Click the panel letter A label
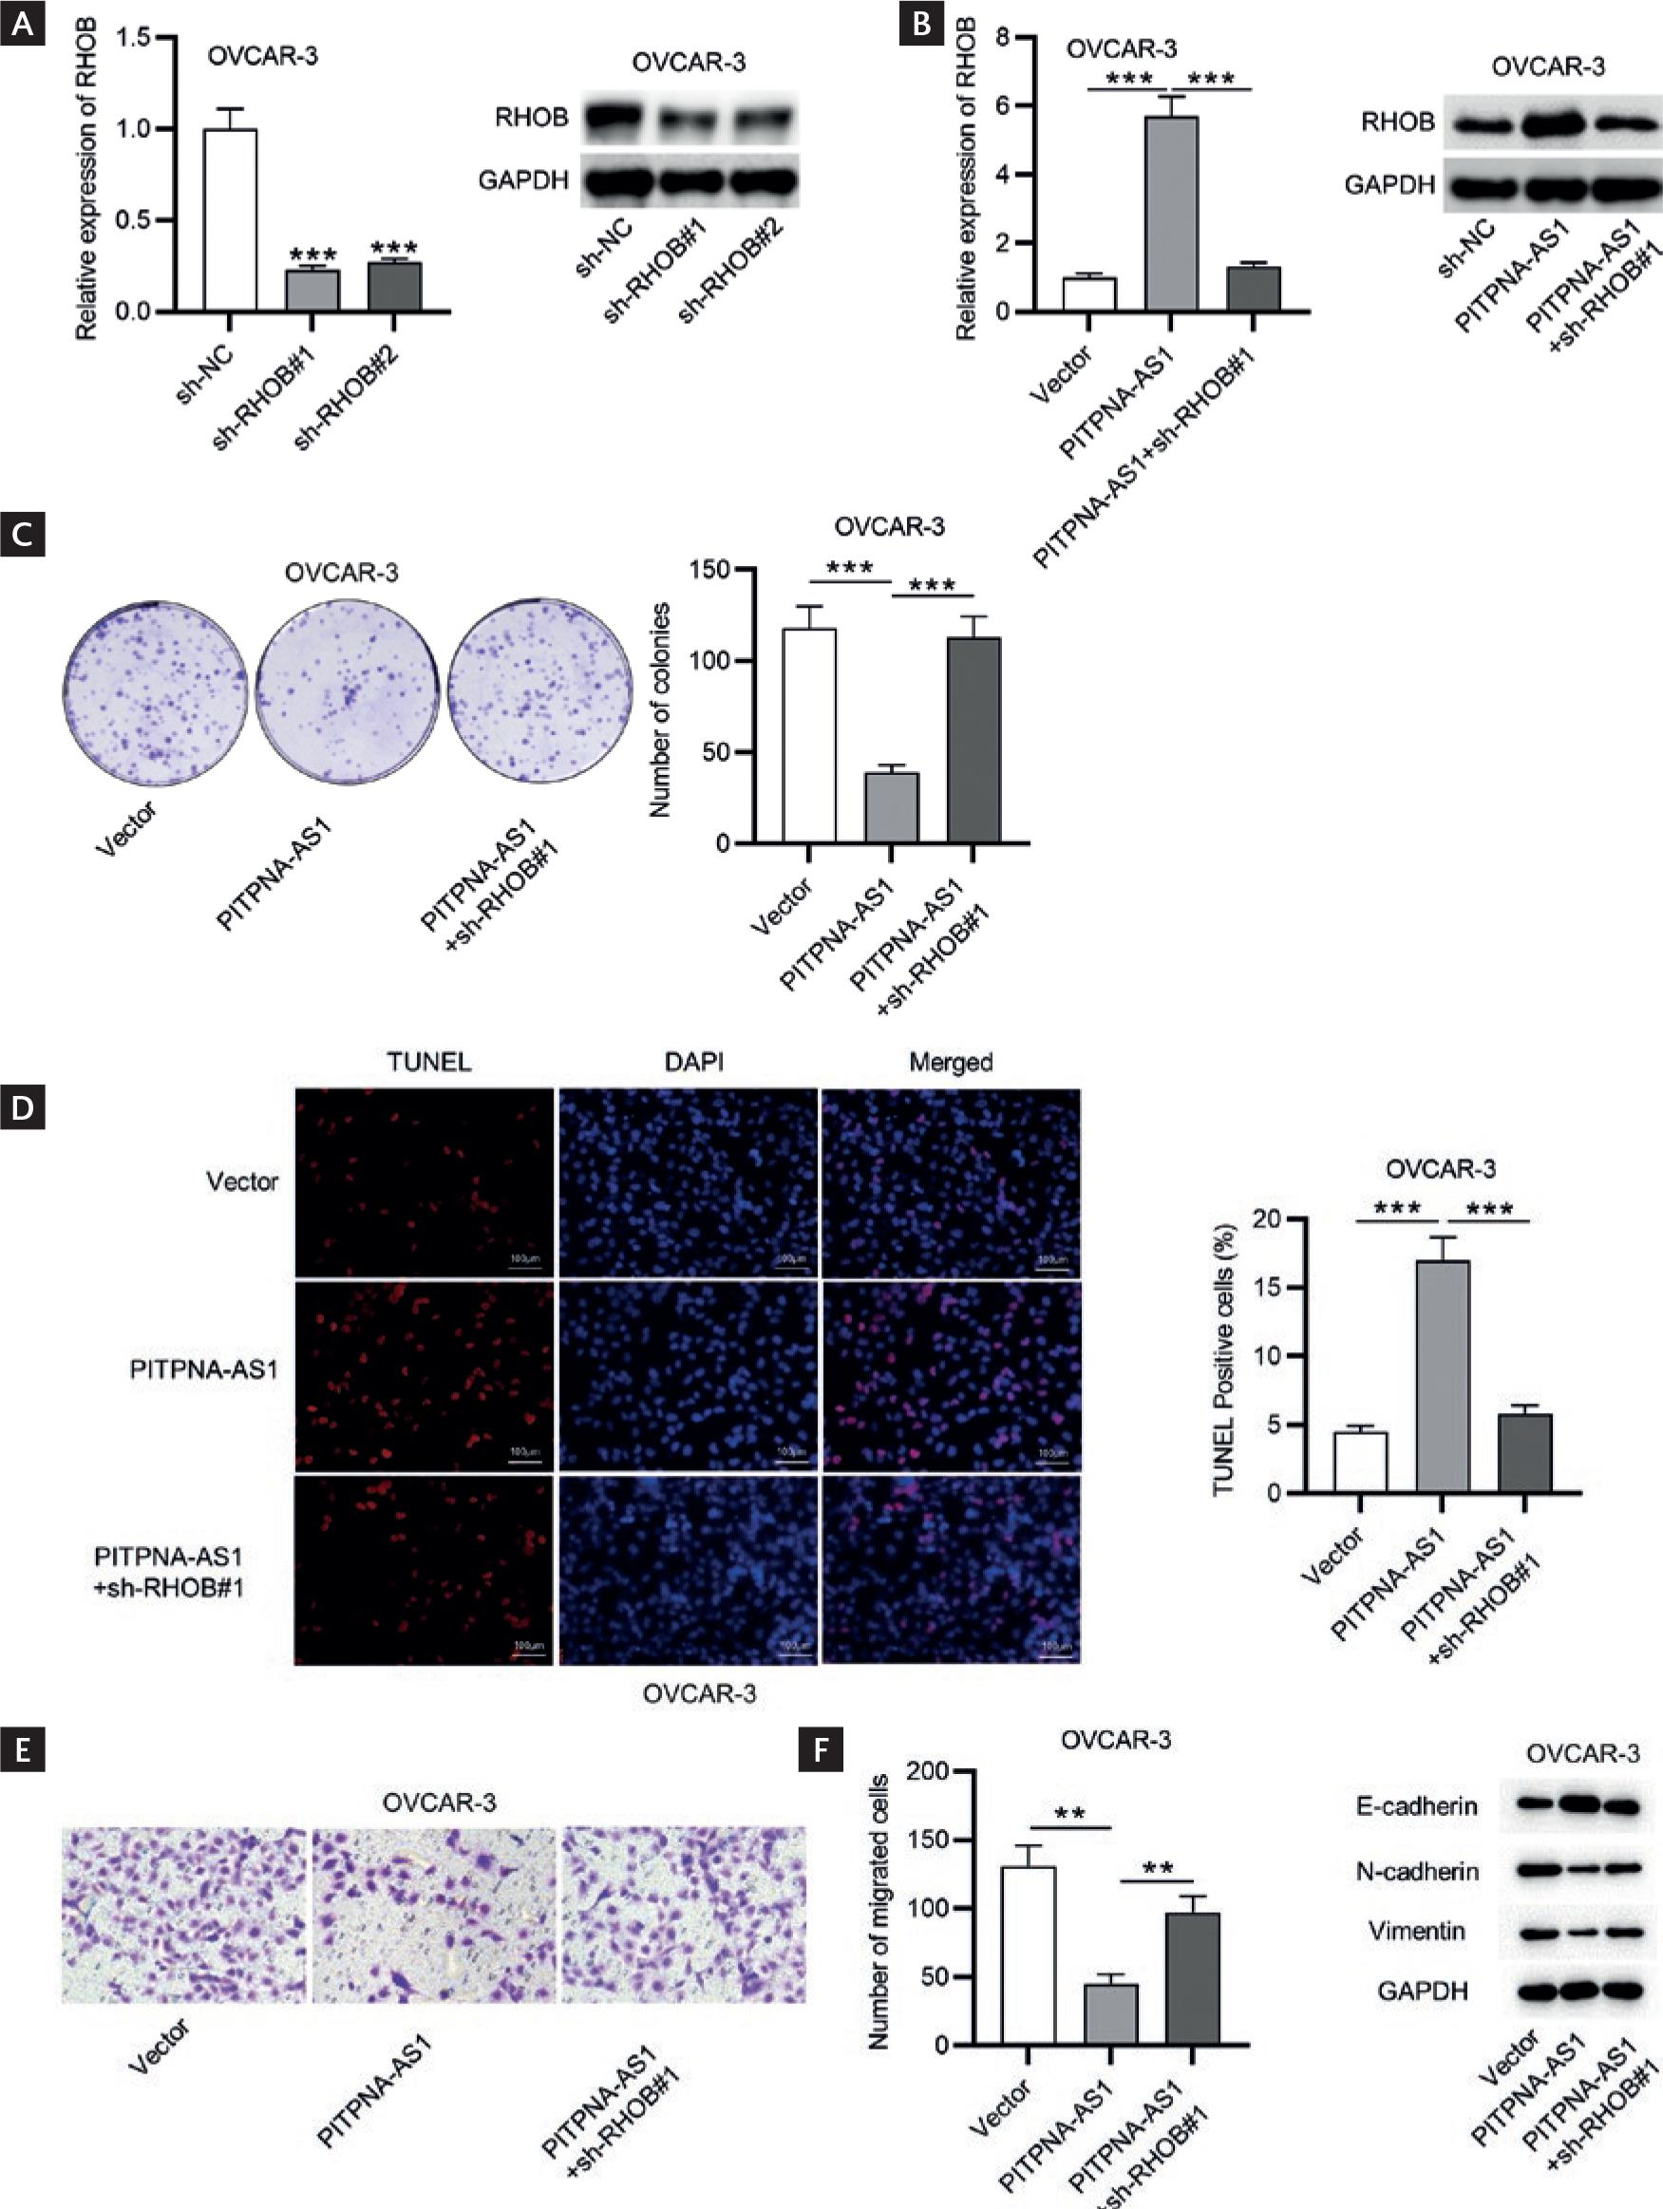(x=22, y=24)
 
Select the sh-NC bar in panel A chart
(x=230, y=219)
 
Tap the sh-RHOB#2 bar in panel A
(x=394, y=287)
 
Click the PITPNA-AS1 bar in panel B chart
(x=1172, y=214)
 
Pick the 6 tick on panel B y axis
(x=1001, y=105)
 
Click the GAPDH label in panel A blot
(x=523, y=180)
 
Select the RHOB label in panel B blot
(x=1397, y=123)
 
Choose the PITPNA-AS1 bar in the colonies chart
(x=891, y=808)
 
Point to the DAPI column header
(x=694, y=1062)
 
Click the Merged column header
(x=950, y=1062)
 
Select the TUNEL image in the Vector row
(x=425, y=1182)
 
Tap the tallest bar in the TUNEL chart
(x=1443, y=1377)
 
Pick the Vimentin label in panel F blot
(x=1416, y=1932)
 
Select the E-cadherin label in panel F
(x=1416, y=1806)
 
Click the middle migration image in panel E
(x=433, y=1916)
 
